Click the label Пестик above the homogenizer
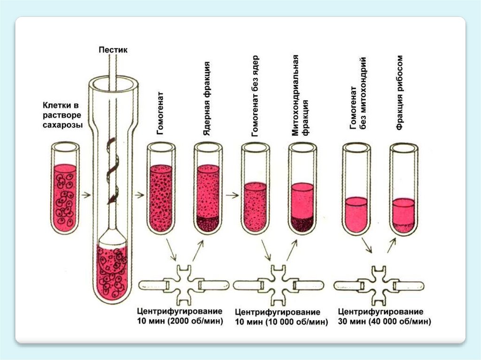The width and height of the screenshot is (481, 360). pyautogui.click(x=113, y=49)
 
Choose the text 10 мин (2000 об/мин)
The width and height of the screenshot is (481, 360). pyautogui.click(x=180, y=321)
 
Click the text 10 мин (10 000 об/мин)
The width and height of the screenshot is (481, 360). pyautogui.click(x=280, y=322)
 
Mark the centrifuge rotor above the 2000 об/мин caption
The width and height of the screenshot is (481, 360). pyautogui.click(x=184, y=284)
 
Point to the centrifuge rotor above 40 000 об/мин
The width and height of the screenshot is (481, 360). pyautogui.click(x=380, y=284)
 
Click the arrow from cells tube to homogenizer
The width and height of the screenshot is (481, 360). pyautogui.click(x=86, y=195)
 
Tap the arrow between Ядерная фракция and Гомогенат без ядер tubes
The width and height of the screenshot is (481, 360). pyautogui.click(x=230, y=195)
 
